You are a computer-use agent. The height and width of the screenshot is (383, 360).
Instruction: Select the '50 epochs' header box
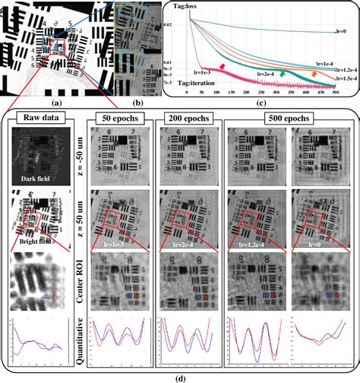[118, 118]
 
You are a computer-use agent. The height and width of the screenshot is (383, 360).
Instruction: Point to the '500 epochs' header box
[288, 118]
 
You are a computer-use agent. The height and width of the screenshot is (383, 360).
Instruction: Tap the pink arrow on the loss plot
[223, 68]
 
